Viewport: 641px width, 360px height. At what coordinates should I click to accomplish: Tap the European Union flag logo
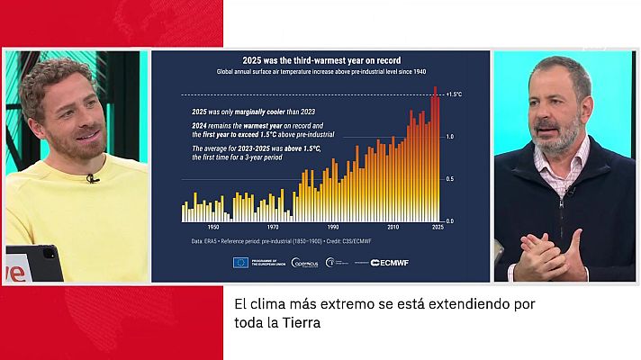click(240, 262)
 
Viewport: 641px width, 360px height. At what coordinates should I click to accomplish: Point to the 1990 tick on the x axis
click(333, 228)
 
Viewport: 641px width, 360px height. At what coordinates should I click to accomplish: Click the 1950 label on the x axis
click(213, 228)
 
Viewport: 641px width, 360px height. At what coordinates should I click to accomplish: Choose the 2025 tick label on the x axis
click(437, 228)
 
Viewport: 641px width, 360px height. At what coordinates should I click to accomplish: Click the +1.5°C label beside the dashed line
click(455, 94)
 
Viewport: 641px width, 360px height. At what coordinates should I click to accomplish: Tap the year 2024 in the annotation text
click(201, 126)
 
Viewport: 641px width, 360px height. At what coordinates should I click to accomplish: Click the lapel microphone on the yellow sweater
click(91, 178)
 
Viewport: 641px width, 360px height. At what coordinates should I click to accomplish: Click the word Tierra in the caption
click(298, 321)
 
